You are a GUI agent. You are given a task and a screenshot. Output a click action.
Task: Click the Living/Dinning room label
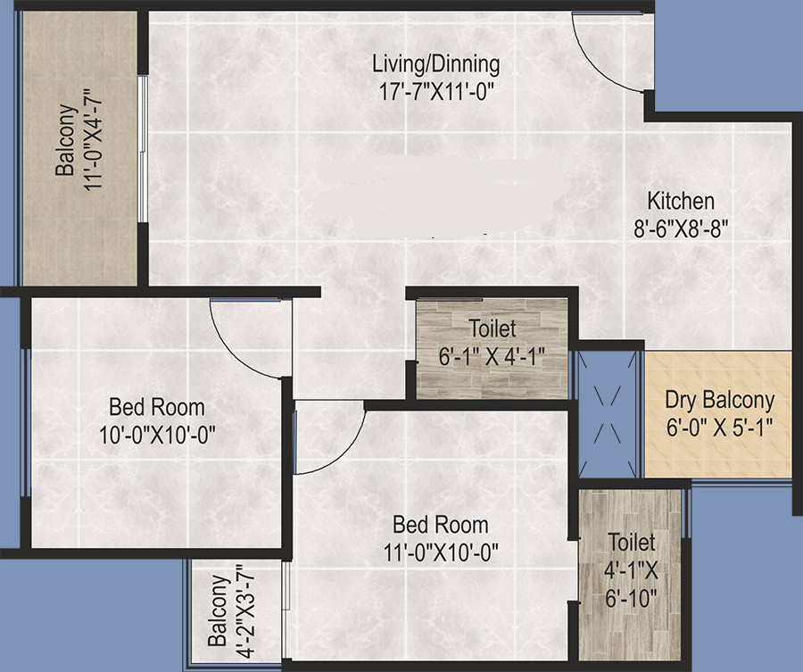click(x=435, y=64)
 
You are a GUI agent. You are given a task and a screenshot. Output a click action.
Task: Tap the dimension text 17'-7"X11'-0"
click(x=435, y=89)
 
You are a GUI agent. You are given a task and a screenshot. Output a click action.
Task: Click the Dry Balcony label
click(x=719, y=400)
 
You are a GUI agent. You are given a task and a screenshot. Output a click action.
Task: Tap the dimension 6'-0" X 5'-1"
click(x=719, y=427)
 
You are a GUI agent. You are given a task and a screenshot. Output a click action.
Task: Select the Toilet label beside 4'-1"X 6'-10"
click(x=632, y=542)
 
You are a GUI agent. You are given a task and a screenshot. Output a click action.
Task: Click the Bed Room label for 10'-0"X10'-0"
click(x=157, y=408)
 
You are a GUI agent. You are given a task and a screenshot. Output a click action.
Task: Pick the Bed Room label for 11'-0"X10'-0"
click(x=437, y=525)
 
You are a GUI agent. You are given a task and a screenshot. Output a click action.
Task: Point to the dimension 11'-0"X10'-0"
click(x=437, y=552)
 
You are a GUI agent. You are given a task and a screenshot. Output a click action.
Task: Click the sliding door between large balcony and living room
click(x=142, y=147)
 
